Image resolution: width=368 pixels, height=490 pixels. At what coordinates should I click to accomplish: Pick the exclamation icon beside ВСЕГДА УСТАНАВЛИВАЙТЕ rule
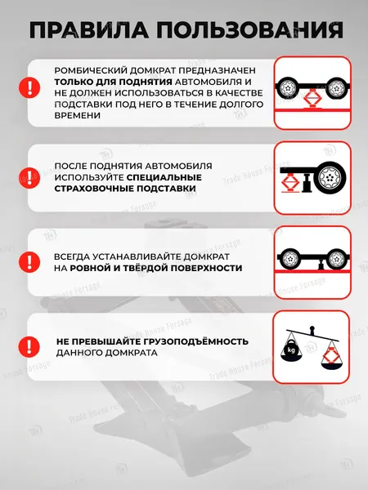(x=30, y=261)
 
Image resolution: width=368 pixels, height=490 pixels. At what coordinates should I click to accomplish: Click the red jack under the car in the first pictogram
(x=312, y=99)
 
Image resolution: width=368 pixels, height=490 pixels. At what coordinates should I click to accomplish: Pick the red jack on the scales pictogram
(x=331, y=356)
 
